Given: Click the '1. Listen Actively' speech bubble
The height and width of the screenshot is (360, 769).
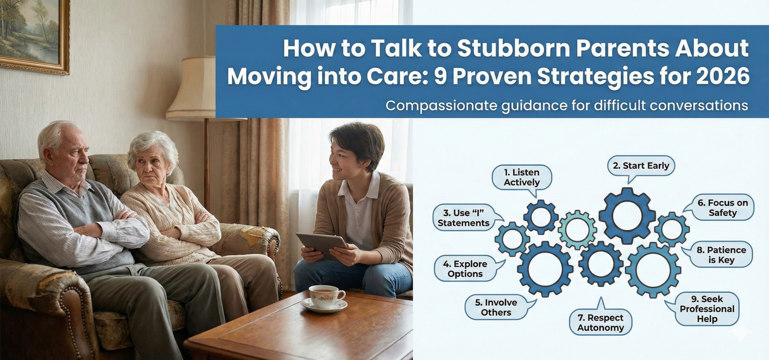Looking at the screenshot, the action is [x=522, y=178].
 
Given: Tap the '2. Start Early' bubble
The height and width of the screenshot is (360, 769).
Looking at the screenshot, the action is [x=641, y=166].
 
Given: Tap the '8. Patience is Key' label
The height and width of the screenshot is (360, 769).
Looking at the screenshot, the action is [x=721, y=255].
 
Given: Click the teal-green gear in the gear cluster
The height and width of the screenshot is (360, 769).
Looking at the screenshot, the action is [x=577, y=230].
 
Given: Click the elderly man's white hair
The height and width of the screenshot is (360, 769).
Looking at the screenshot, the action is [x=57, y=134].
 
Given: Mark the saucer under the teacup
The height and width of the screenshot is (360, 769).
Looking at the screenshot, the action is [x=324, y=305].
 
